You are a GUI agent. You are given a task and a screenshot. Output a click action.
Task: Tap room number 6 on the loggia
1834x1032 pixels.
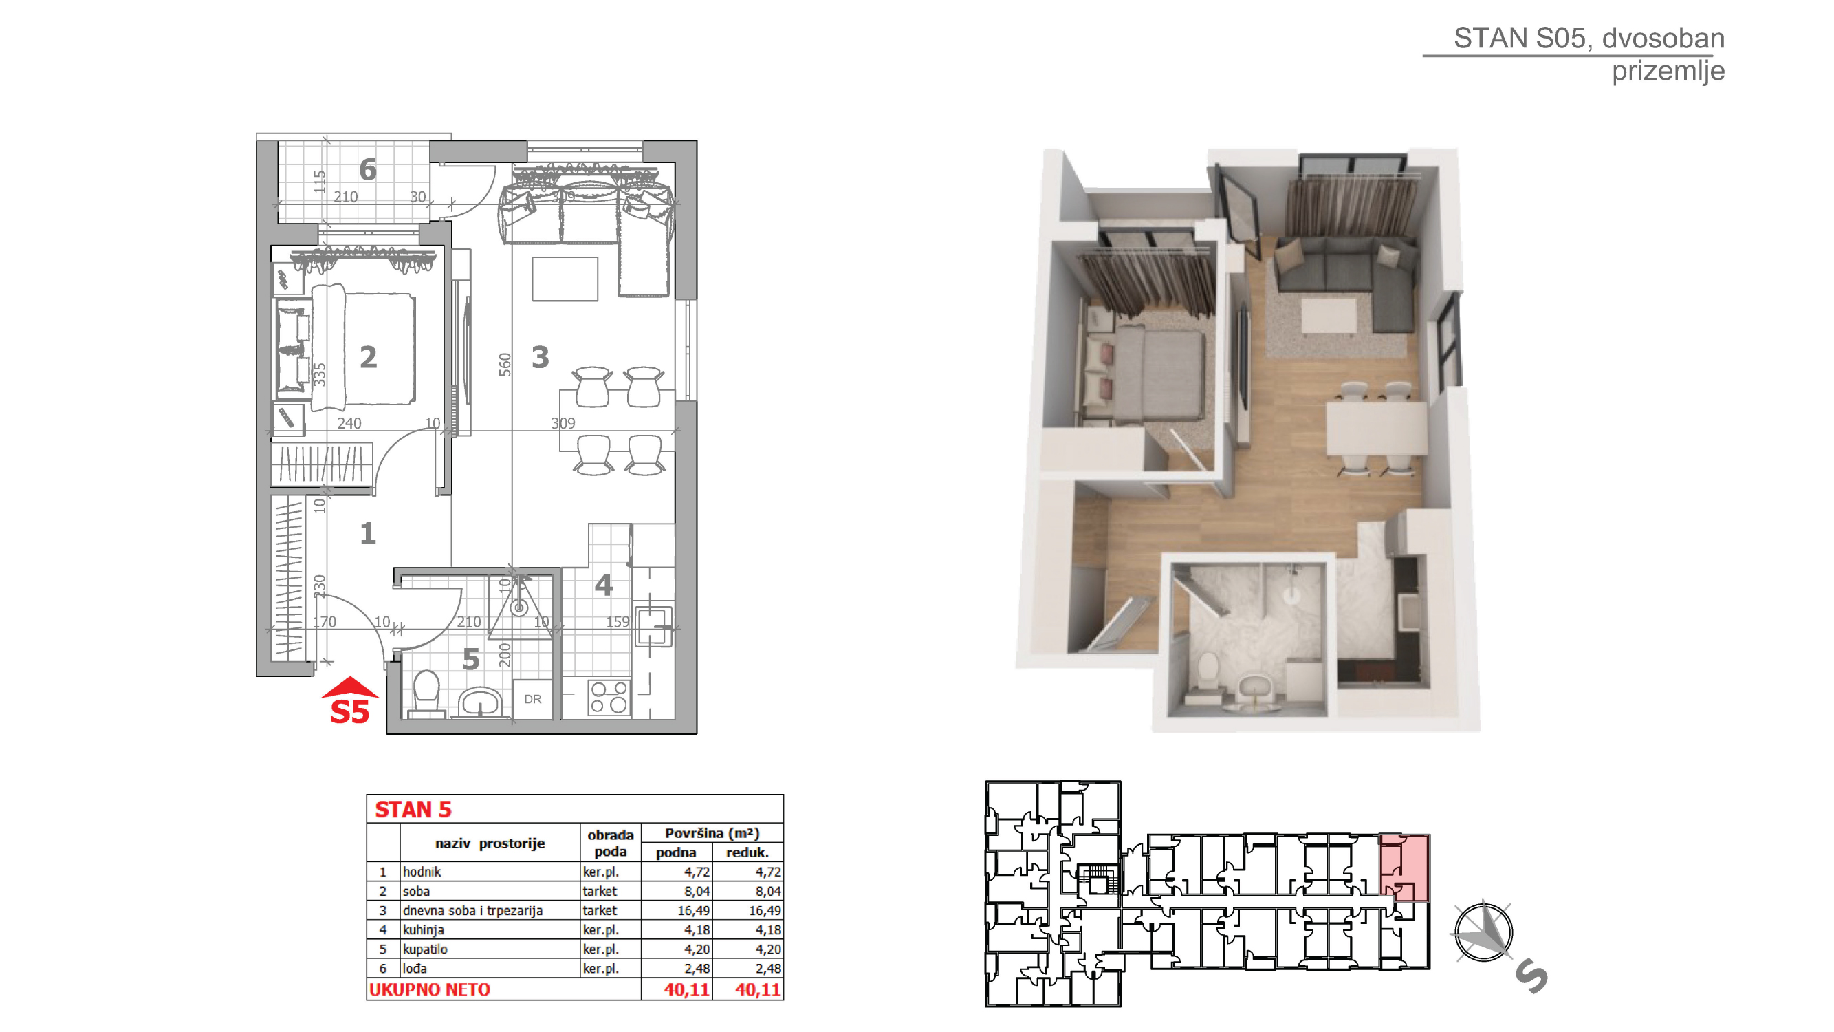click(x=367, y=169)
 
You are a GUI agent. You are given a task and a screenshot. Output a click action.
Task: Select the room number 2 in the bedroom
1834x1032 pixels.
click(x=368, y=358)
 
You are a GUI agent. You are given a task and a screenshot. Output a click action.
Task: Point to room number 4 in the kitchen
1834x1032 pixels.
click(x=603, y=585)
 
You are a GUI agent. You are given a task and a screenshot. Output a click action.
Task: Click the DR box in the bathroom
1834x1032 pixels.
click(x=532, y=699)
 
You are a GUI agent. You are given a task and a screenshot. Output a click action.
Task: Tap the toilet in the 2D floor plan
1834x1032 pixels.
click(x=426, y=691)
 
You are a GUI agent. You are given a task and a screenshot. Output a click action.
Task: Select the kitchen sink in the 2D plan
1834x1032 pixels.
click(x=653, y=626)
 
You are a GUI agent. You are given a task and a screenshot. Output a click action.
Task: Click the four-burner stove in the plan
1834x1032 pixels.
click(x=609, y=697)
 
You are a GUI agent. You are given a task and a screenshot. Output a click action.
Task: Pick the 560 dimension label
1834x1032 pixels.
click(x=505, y=365)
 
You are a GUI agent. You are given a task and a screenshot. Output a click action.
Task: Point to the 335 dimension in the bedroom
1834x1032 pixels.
click(x=320, y=375)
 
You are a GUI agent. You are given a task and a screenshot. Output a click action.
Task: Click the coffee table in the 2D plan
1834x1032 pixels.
click(x=565, y=279)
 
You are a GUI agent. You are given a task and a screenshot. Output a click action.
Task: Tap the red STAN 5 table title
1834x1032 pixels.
click(x=413, y=810)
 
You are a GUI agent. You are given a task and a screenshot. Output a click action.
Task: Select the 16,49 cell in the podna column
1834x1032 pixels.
click(x=693, y=910)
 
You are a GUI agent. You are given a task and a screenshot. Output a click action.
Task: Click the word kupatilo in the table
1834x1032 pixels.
click(x=425, y=949)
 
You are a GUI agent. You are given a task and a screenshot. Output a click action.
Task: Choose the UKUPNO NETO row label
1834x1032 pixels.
click(x=429, y=989)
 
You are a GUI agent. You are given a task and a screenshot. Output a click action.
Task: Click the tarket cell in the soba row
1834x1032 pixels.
click(x=600, y=891)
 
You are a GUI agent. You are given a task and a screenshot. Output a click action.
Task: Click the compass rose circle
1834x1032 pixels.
click(x=1483, y=932)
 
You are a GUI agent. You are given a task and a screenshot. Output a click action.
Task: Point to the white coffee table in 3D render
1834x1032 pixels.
click(x=1329, y=316)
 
